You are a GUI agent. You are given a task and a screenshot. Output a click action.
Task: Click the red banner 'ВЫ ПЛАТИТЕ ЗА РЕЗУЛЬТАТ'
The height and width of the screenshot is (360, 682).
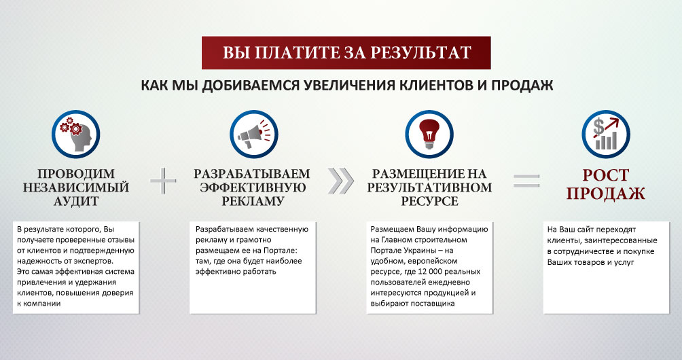[x=346, y=53]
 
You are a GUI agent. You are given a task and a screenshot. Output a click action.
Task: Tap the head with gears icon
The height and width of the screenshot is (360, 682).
[x=76, y=134]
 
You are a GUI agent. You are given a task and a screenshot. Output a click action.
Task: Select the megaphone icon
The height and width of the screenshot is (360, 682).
[x=254, y=134]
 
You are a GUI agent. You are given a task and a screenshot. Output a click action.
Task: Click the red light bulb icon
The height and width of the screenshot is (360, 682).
[x=429, y=134]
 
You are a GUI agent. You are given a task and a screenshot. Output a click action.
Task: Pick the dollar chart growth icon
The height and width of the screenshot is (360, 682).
[x=606, y=134]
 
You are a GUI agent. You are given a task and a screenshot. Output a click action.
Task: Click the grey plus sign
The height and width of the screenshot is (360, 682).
[x=164, y=181]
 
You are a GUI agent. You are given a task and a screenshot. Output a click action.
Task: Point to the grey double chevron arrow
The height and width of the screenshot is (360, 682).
[x=340, y=181]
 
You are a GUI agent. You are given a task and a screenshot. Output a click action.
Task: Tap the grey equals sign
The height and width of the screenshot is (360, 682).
[x=526, y=181]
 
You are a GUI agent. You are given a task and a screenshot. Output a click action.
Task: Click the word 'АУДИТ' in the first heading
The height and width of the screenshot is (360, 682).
[x=76, y=201]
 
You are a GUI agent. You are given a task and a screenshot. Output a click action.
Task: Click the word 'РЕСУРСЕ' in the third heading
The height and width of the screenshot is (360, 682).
[x=429, y=201]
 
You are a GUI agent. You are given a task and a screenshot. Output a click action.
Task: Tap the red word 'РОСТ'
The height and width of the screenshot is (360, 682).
[x=606, y=175]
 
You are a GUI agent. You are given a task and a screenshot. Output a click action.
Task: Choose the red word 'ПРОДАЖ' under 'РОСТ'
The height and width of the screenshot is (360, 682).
[x=606, y=194]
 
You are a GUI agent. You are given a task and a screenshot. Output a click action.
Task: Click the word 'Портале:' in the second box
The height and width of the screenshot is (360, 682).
[x=281, y=251]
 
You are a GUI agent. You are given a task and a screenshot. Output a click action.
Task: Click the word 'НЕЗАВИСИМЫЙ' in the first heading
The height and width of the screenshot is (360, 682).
[x=76, y=187]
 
